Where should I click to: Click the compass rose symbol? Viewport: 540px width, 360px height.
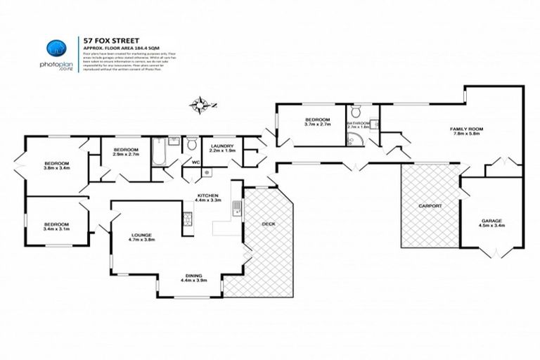tap(201, 106)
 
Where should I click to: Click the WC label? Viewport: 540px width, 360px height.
tap(186, 164)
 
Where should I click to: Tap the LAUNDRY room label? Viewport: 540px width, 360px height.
tap(221, 146)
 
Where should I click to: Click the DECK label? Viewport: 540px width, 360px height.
tap(268, 224)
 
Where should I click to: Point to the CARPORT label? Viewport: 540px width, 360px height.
tap(429, 205)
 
